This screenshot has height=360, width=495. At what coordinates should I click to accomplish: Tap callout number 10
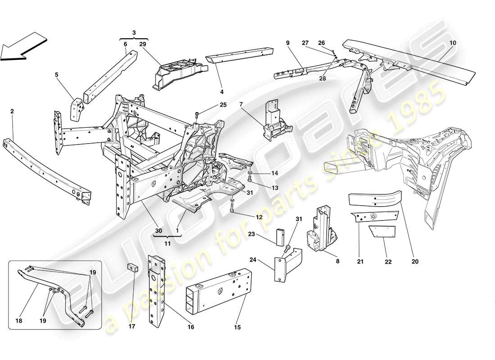pos(452,43)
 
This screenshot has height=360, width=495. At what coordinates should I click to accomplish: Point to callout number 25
pos(211,105)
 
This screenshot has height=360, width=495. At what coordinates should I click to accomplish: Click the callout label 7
pos(241,104)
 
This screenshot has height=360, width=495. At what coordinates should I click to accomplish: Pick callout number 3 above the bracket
pos(134,33)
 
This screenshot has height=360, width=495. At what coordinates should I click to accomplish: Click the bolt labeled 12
pos(232,207)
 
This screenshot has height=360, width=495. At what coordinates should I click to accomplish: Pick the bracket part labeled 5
pos(76,108)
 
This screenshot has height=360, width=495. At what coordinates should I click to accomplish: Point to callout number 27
pos(305,42)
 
